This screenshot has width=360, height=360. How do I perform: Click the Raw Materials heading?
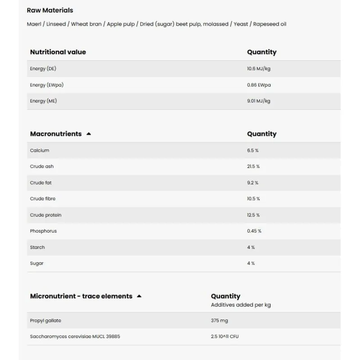tap(49, 10)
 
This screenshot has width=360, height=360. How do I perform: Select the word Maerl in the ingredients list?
tap(34, 24)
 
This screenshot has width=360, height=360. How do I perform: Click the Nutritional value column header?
tap(58, 52)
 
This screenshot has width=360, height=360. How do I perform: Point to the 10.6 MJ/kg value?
tap(258, 69)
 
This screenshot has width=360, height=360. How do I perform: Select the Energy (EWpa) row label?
tap(44, 85)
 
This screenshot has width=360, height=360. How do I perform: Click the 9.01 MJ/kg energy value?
tap(258, 101)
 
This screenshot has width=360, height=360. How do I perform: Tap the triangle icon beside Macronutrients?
tap(89, 134)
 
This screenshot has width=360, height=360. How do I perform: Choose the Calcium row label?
tap(40, 150)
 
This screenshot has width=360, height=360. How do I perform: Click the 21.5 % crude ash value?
tap(253, 166)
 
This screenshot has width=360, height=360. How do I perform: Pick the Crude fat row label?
tap(40, 183)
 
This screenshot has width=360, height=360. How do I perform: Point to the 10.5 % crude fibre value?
tap(253, 199)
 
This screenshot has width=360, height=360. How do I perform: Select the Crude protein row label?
tap(45, 215)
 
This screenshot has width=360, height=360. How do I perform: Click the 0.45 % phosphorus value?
tap(254, 231)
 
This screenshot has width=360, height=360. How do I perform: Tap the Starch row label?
tap(37, 247)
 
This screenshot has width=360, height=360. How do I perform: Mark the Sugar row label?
tap(37, 263)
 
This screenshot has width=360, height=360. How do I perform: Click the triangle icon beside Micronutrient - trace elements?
tap(139, 296)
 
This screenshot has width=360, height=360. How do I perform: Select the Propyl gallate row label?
tap(45, 321)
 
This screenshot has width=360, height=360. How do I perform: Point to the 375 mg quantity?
tap(219, 321)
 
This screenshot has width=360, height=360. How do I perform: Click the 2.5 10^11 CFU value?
tap(225, 337)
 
